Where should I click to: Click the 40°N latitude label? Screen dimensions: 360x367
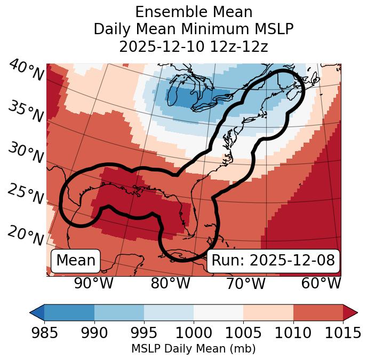click(x=26, y=71)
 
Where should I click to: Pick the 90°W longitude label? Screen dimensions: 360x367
click(x=93, y=283)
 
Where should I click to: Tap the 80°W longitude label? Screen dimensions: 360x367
click(x=170, y=283)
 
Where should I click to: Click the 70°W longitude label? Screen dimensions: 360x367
click(x=245, y=283)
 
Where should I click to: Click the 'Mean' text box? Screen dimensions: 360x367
click(x=76, y=261)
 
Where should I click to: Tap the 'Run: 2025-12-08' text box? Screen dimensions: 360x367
click(x=273, y=261)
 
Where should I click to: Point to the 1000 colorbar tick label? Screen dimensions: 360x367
click(x=194, y=333)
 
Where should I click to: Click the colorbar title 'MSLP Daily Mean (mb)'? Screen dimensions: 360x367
click(x=193, y=349)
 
